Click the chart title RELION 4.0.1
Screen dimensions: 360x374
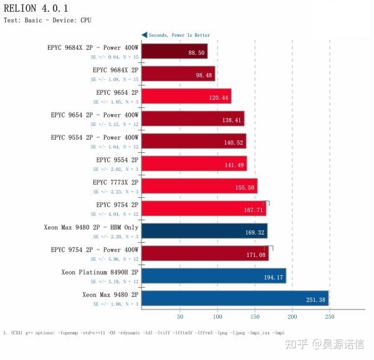(36, 8)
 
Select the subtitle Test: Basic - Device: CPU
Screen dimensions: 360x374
(47, 21)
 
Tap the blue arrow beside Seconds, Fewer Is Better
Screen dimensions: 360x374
(145, 35)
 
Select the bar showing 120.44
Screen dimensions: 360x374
(186, 97)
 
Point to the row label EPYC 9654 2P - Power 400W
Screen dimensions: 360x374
(94, 115)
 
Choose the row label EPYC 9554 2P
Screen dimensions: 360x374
(117, 160)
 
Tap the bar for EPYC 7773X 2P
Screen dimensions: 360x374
(199, 187)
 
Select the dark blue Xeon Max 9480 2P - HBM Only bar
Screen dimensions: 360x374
(204, 231)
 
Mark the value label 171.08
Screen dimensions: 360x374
(256, 255)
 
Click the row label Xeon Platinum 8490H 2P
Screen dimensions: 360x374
(100, 272)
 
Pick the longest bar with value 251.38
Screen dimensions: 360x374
(234, 299)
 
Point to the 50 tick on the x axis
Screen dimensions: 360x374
(180, 316)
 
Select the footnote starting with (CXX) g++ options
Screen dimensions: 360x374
(143, 333)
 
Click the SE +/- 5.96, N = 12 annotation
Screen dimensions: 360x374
(116, 258)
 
